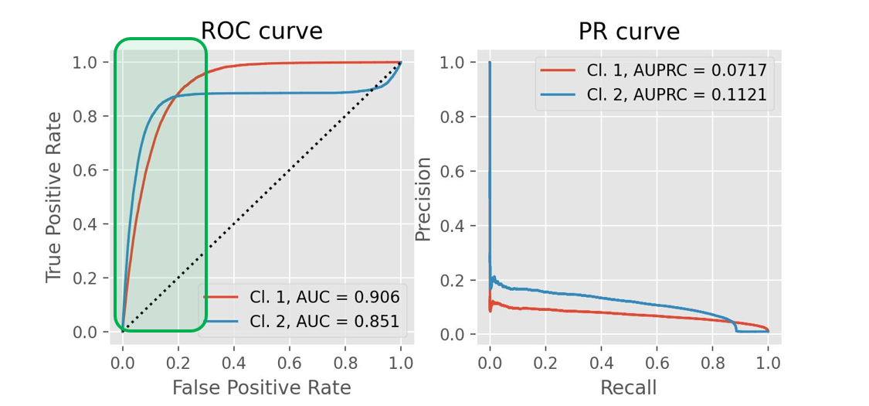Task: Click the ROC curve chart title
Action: coord(261,31)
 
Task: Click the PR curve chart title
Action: coord(629,32)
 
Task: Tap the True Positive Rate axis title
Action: coord(53,196)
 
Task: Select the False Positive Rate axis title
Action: coord(261,387)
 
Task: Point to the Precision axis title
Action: coord(423,199)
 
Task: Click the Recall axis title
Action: coord(629,387)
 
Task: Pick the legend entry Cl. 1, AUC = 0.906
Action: coord(324,296)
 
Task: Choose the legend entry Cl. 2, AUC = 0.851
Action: coord(324,321)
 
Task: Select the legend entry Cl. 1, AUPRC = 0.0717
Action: coord(676,70)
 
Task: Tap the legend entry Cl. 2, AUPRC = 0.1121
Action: coord(676,94)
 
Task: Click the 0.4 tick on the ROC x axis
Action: coord(234,361)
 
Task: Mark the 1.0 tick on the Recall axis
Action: coord(768,361)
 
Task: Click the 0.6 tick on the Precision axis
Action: coord(455,171)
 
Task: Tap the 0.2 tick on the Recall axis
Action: coord(545,361)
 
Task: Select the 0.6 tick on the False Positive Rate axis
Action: coord(290,361)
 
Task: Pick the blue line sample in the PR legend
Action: coord(558,94)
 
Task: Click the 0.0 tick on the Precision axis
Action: coord(455,334)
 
